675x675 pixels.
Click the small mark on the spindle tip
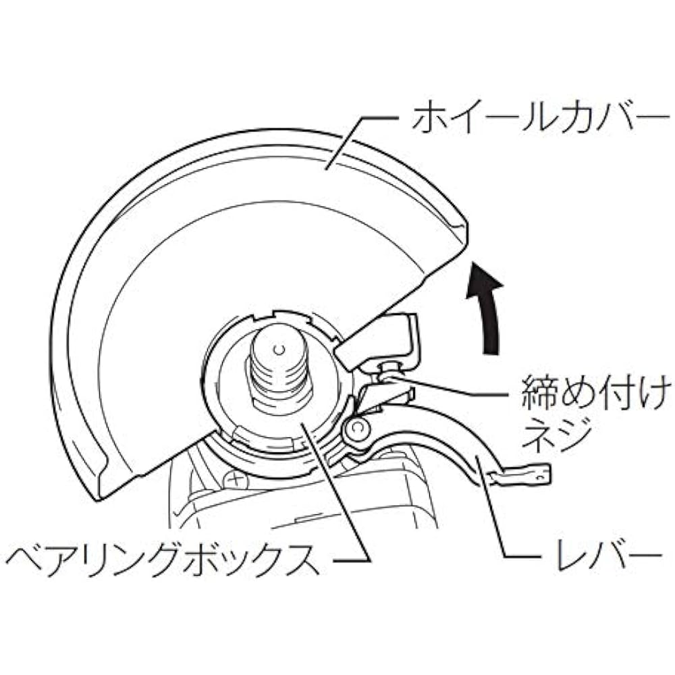280,349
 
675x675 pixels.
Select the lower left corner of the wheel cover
100,500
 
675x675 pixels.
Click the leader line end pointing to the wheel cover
326,169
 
